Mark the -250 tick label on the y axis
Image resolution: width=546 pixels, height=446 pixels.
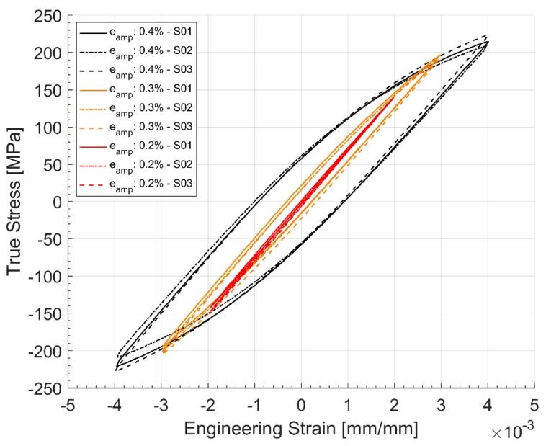tap(45, 388)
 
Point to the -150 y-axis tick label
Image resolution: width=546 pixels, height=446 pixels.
tap(45, 314)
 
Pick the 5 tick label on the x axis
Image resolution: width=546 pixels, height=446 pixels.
tap(534, 405)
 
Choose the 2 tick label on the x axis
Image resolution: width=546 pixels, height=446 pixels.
tap(395, 405)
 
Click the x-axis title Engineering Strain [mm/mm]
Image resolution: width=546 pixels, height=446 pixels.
tap(301, 428)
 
